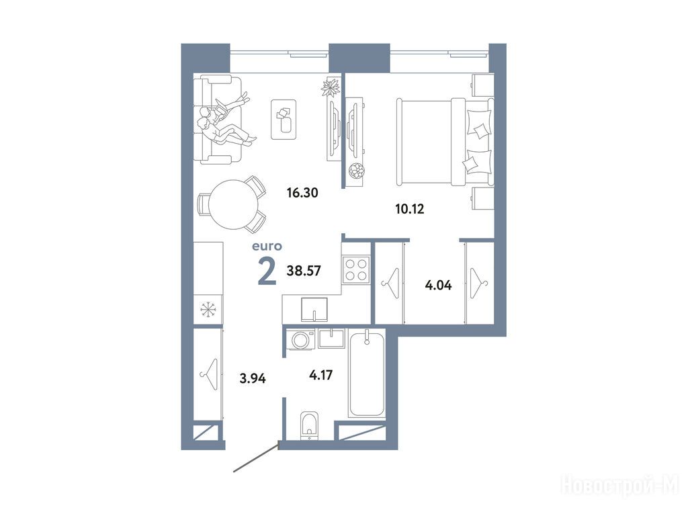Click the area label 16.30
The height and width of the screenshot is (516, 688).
tap(302, 192)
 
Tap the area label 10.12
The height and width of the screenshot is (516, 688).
tap(409, 209)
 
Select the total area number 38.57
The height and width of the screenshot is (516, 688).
tap(304, 271)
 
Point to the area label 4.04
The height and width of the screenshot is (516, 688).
tap(438, 286)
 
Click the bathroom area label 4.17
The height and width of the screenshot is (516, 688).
tap(320, 375)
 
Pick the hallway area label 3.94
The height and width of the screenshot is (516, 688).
tap(253, 378)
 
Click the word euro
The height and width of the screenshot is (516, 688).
tap(267, 247)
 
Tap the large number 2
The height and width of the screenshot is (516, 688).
tap(267, 271)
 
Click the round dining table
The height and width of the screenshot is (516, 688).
tap(234, 204)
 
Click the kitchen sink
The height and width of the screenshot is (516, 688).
tap(314, 309)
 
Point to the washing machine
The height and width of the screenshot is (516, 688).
tap(300, 339)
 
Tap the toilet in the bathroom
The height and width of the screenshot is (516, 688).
tap(310, 425)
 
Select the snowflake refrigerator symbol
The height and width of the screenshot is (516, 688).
tap(208, 310)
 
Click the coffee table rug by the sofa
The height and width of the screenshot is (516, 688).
tap(284, 120)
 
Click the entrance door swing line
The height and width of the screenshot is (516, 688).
tap(256, 458)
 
